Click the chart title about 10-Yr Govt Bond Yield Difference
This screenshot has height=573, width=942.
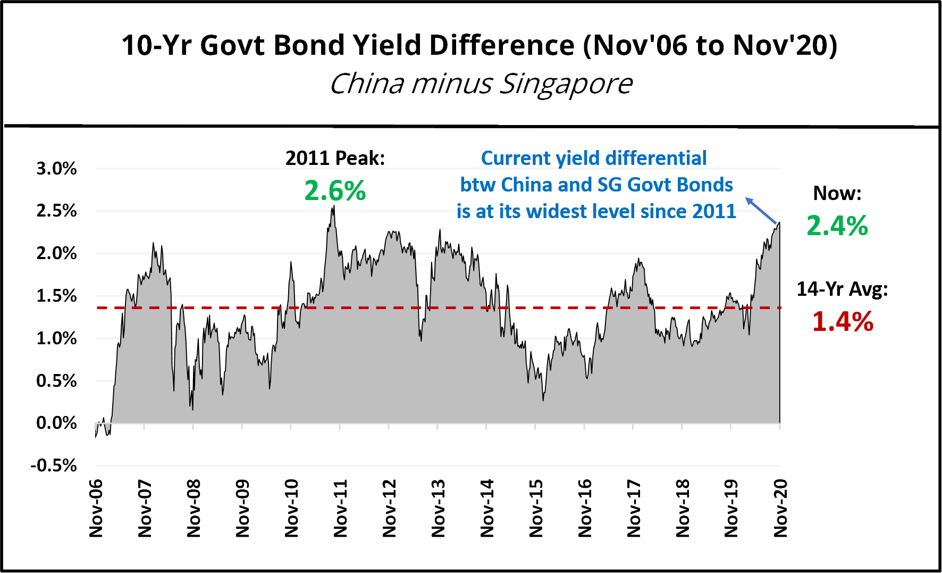click(479, 45)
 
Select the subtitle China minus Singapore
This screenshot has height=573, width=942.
click(481, 84)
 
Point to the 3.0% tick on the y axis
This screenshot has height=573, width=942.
click(56, 169)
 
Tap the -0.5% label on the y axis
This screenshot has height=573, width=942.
click(54, 466)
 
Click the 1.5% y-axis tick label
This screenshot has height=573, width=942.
click(56, 296)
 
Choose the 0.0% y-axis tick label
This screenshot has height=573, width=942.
click(56, 423)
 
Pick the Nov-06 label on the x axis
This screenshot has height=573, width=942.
click(96, 508)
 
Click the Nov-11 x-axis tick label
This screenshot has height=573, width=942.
click(340, 508)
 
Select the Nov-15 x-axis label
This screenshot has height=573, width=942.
click(536, 508)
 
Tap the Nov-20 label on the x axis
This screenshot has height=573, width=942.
click(780, 508)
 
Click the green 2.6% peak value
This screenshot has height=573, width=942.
click(335, 190)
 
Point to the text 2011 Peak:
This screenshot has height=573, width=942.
click(335, 158)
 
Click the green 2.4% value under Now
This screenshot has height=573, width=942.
click(837, 226)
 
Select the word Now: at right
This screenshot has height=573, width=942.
click(837, 193)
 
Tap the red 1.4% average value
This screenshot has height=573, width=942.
click(843, 321)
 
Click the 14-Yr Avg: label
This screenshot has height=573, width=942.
click(842, 289)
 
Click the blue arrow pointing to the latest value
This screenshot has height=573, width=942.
click(761, 210)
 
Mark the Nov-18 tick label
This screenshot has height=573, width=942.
click(683, 508)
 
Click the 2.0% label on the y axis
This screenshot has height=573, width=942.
click(56, 253)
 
